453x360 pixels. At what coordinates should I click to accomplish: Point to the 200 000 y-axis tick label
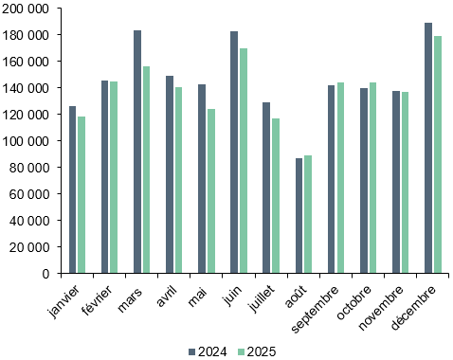(27, 9)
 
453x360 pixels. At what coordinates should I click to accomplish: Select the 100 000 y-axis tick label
(27, 141)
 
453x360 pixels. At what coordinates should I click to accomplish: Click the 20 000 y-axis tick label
(31, 247)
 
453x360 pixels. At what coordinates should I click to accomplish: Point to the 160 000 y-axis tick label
(27, 62)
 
